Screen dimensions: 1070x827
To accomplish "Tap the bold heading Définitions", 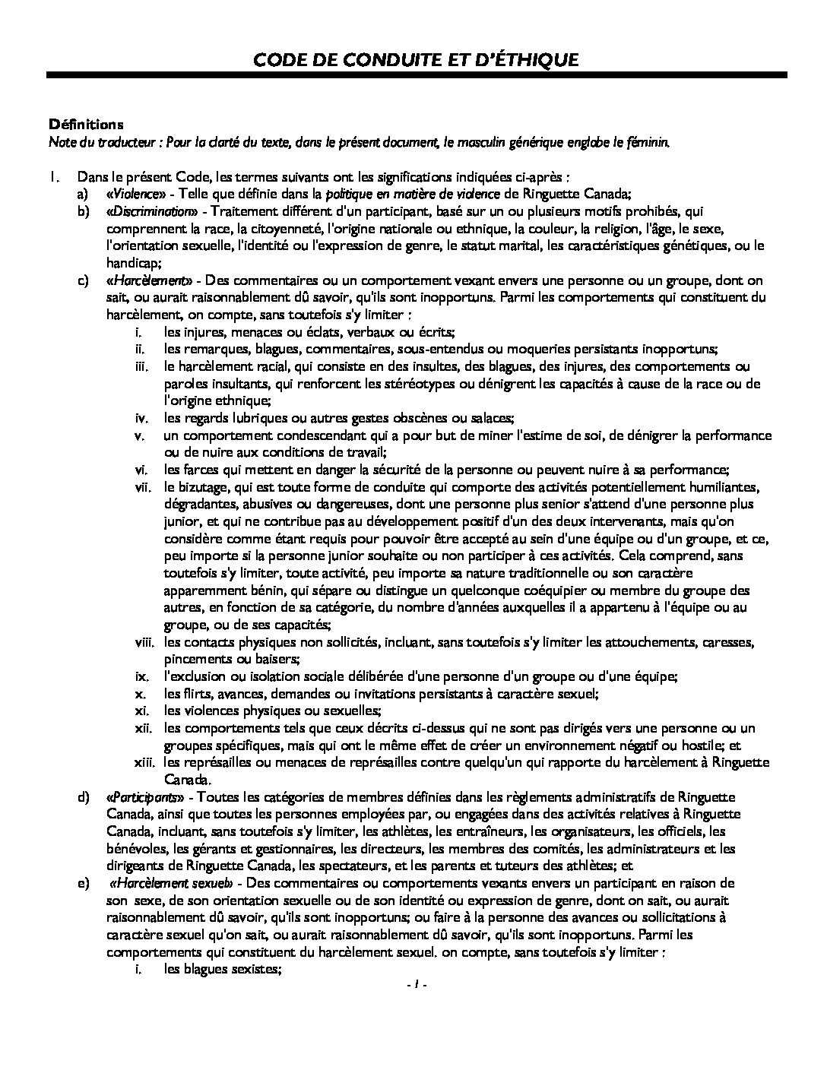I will tap(86, 123).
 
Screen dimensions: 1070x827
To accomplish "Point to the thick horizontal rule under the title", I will tap(417, 74).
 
